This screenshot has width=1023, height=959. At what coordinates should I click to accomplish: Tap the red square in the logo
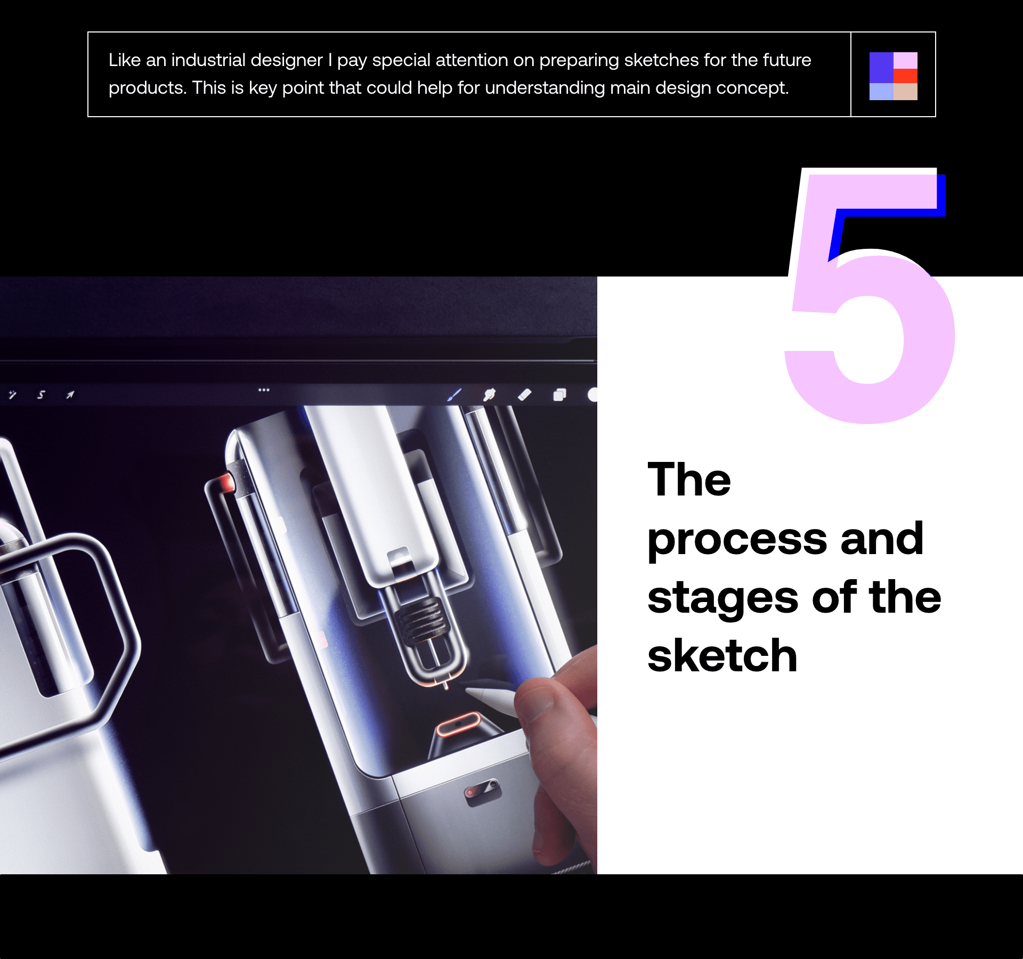click(905, 76)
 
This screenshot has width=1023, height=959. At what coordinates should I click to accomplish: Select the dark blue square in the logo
click(881, 68)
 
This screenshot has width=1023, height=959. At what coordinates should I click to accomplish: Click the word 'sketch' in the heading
click(722, 656)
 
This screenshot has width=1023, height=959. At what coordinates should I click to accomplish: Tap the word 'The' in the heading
click(689, 479)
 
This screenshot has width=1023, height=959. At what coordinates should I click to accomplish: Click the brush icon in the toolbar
click(454, 395)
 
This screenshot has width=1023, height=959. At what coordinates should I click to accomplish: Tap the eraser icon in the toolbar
click(525, 395)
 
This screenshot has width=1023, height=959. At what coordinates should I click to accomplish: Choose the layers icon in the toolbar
click(559, 395)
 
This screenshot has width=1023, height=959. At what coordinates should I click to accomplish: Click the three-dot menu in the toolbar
click(264, 390)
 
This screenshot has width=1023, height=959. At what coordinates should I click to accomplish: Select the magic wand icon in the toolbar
click(12, 395)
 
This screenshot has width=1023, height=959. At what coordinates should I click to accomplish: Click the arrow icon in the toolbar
click(70, 395)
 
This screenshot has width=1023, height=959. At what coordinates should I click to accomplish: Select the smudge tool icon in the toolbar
click(489, 395)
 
